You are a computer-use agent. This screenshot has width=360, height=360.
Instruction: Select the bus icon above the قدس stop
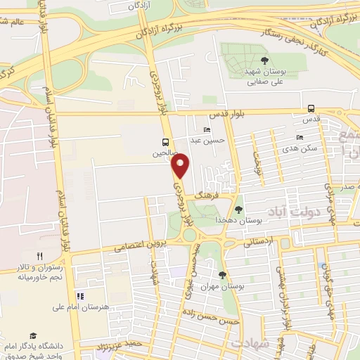pos(311,108)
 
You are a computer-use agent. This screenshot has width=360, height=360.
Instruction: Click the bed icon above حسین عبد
pos(205,130)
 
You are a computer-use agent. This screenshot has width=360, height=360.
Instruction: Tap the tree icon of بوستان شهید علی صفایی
pos(264,61)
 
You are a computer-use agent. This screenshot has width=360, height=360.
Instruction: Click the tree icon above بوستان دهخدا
pos(238,210)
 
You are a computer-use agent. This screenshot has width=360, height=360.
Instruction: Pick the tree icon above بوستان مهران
pos(223,275)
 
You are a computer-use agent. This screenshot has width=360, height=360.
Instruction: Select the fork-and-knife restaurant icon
pos(40,257)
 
